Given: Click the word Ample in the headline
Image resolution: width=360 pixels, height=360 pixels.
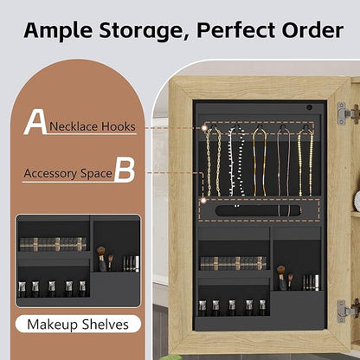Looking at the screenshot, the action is pyautogui.click(x=59, y=30).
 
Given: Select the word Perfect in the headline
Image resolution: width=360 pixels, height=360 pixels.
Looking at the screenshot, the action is pyautogui.click(x=236, y=30).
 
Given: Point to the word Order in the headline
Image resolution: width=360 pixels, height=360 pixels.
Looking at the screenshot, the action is pyautogui.click(x=312, y=30).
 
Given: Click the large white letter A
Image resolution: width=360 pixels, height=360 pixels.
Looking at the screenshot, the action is pyautogui.click(x=35, y=122).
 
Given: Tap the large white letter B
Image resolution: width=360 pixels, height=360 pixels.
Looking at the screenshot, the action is pyautogui.click(x=125, y=171).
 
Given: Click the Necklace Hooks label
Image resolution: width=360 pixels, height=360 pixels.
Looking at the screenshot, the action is pyautogui.click(x=93, y=126).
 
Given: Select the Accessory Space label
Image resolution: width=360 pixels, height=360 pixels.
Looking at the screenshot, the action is pyautogui.click(x=67, y=174).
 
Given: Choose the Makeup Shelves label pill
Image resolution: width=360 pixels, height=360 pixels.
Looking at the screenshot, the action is pyautogui.click(x=78, y=325).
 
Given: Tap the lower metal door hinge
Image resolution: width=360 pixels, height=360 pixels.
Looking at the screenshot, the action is pyautogui.click(x=348, y=311).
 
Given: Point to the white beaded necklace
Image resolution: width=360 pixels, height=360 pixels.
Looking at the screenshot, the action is pyautogui.click(x=236, y=162).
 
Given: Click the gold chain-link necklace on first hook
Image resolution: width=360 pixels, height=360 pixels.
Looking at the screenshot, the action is pyautogui.click(x=214, y=161).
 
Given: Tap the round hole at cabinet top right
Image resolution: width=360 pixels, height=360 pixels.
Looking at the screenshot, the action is pyautogui.click(x=309, y=107).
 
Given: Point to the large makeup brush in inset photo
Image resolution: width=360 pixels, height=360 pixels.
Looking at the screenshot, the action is pyautogui.click(x=101, y=259).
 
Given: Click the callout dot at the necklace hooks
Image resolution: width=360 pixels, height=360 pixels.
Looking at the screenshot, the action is pyautogui.click(x=204, y=127).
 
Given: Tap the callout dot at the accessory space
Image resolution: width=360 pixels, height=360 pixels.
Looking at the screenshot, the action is pyautogui.click(x=203, y=200).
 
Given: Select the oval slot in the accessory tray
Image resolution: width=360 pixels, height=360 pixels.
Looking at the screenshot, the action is pyautogui.click(x=259, y=210).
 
